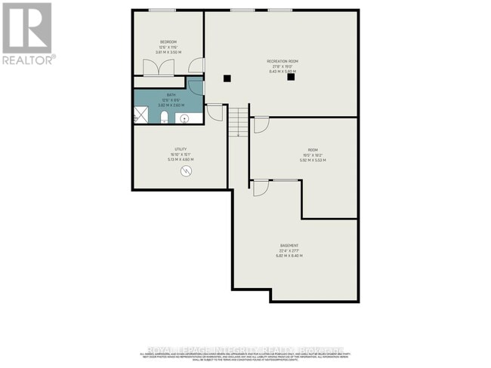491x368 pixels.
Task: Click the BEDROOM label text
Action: (168, 41)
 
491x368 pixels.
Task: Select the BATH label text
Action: (171, 94)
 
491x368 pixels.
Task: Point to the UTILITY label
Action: (181, 149)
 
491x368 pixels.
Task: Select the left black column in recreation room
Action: (226, 77)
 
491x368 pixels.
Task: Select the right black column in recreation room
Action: (291, 76)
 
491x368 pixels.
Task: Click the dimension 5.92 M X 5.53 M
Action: (312, 161)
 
